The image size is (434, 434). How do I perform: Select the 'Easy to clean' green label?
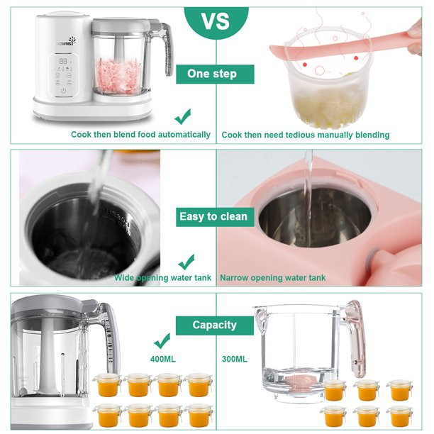pos(215,216)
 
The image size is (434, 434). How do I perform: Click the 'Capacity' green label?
pos(214,325)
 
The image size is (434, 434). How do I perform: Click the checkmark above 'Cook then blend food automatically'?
pos(183,115)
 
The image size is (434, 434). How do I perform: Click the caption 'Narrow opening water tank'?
pos(273,278)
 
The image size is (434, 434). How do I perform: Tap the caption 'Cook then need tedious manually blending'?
pos(305,135)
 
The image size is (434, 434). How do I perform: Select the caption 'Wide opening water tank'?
pos(162,278)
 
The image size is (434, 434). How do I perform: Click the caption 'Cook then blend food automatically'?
pos(140,135)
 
